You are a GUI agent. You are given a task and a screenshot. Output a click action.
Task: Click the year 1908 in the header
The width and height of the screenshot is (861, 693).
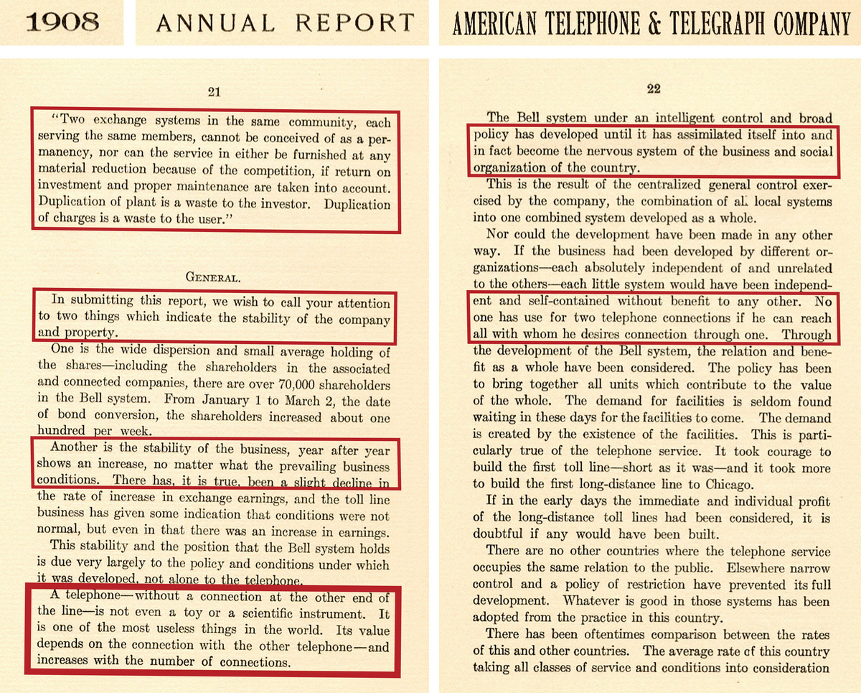pos(62,22)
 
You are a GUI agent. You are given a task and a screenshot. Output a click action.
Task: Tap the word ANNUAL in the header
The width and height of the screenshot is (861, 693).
pos(215,23)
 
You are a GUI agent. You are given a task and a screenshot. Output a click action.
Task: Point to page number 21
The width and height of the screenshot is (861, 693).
pos(213,91)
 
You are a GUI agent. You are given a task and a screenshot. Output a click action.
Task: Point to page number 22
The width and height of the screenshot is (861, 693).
pos(653,89)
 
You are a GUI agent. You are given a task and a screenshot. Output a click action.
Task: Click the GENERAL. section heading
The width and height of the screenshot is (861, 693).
pos(214,276)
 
